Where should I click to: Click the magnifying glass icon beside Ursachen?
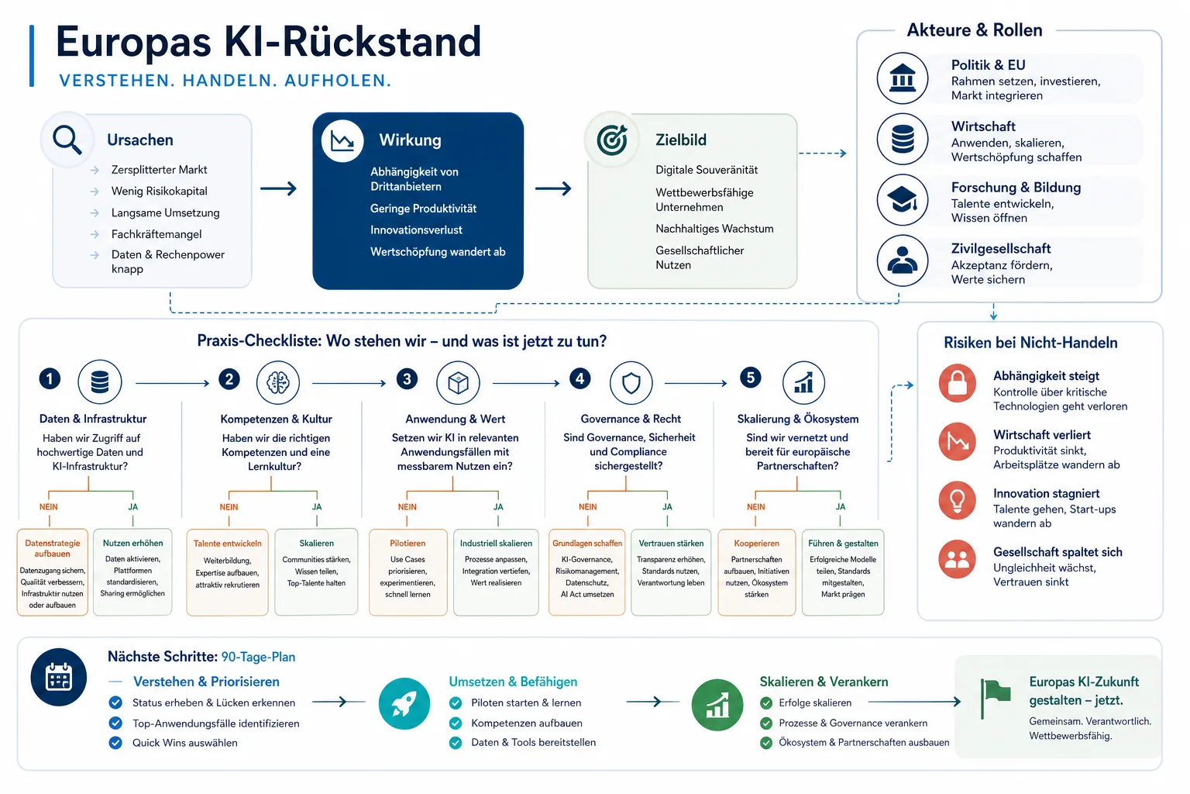[67, 140]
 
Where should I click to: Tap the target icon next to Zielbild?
[612, 140]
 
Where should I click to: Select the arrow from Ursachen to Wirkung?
[278, 188]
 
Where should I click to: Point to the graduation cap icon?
[903, 200]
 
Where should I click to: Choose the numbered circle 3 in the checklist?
[407, 379]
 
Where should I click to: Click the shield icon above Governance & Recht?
[631, 382]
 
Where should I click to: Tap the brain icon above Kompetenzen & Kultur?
[278, 382]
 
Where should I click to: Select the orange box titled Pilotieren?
[408, 572]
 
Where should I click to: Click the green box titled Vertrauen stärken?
[671, 572]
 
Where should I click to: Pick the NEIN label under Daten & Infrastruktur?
[48, 507]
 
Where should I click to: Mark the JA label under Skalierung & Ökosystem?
[841, 507]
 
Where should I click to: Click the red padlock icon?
[958, 383]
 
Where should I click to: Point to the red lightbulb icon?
[958, 500]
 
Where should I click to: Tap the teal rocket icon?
[404, 703]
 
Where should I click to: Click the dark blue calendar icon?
[58, 677]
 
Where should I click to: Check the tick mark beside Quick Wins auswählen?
[115, 743]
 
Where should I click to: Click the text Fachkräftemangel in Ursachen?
[156, 234]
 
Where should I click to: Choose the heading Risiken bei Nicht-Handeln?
[1030, 343]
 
